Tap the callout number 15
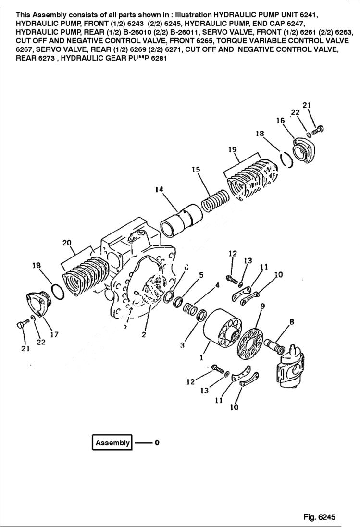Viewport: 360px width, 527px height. (196, 170)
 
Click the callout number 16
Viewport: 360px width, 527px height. (280, 121)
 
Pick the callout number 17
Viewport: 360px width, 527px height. (54, 334)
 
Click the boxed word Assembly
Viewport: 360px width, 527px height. (112, 442)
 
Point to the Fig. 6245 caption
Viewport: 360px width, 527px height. (319, 517)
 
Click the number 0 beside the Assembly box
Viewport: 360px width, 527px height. (157, 442)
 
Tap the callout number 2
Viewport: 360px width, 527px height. (144, 335)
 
